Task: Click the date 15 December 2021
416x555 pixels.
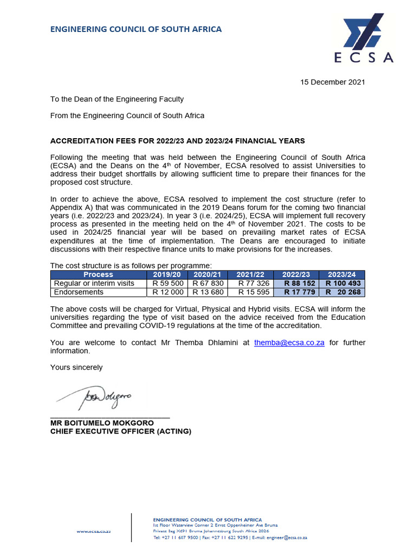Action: point(333,82)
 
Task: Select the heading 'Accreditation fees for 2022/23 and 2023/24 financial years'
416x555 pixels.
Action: point(178,141)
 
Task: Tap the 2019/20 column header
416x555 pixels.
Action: point(167,275)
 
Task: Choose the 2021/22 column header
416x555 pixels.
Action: point(250,275)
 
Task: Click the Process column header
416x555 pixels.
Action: point(99,275)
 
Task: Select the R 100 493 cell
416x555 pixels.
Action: point(342,283)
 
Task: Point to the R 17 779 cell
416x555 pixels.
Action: point(296,292)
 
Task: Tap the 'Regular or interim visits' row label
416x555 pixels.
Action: point(93,283)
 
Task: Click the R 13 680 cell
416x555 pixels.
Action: point(209,292)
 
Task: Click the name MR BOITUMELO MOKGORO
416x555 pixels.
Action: point(102,423)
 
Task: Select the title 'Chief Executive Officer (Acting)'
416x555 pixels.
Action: point(121,431)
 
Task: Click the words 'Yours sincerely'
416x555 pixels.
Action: point(76,367)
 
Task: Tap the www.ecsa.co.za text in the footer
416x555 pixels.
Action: point(94,532)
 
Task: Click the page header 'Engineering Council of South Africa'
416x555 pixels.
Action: point(136,29)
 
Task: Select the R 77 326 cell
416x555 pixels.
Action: point(250,283)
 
